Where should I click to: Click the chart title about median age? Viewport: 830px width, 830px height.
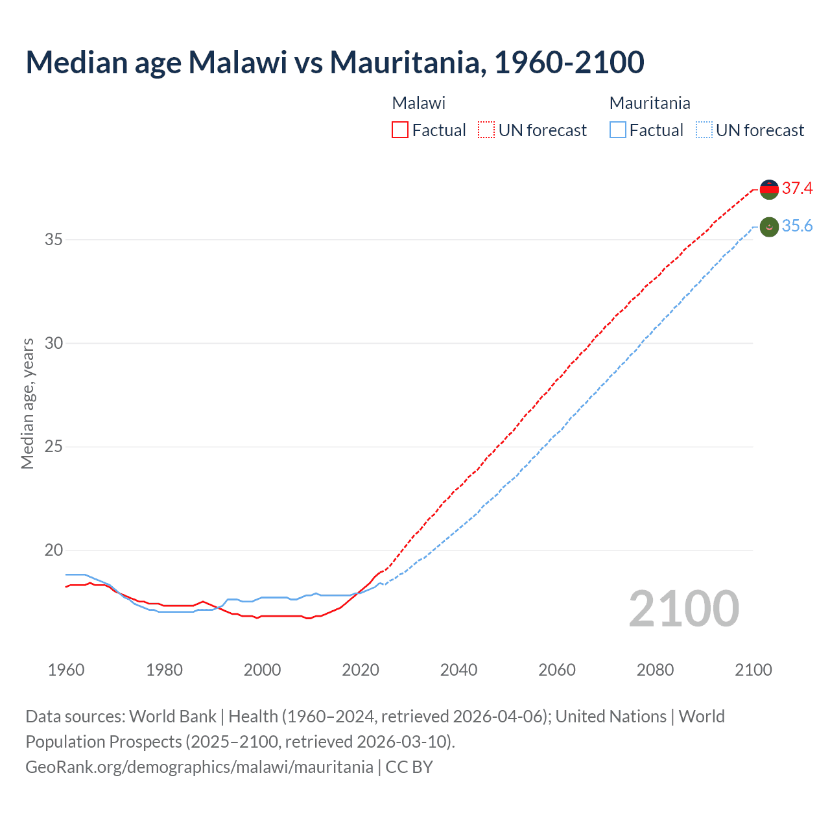pos(335,62)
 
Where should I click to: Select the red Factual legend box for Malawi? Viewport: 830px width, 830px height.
pos(400,130)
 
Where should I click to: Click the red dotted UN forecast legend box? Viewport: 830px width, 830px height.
pos(486,130)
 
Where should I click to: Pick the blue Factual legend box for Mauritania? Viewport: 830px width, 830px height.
pos(618,130)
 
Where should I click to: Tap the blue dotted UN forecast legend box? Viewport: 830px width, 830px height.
pos(704,130)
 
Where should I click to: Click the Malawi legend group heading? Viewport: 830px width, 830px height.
pos(419,103)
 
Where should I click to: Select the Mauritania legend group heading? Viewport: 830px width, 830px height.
pos(650,103)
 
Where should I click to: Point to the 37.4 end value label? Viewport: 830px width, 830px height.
pos(797,189)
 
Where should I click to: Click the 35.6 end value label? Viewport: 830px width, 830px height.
pos(797,226)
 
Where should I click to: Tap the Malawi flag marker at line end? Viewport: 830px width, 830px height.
pos(769,189)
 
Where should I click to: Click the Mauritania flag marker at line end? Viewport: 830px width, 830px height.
pos(769,227)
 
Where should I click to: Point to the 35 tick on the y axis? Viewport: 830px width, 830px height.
pos(54,240)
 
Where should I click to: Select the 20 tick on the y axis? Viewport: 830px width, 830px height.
pos(54,551)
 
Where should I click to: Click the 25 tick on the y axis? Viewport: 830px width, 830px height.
pos(54,447)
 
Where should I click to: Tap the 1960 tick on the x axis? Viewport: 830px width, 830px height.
pos(66,670)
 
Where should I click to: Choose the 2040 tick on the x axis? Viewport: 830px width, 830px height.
pos(458,670)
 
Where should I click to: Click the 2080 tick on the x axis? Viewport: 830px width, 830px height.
pos(655,670)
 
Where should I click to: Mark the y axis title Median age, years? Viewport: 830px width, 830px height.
pos(27,403)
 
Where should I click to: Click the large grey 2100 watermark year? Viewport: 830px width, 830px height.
pos(683,609)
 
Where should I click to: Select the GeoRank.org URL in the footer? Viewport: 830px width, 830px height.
pos(199,767)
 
